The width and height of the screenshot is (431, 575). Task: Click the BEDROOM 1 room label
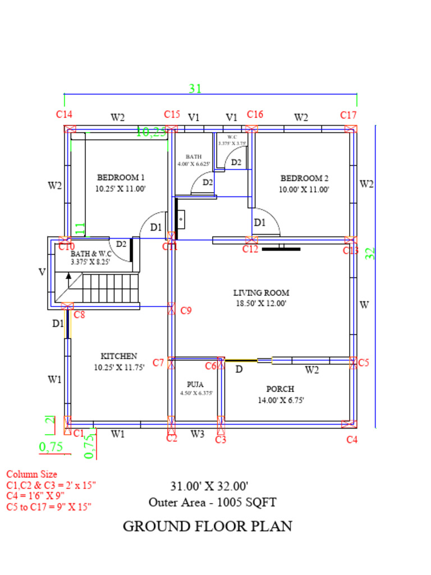(121, 177)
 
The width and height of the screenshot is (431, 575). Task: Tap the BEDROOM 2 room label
(304, 178)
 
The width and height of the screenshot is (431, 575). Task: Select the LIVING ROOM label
(261, 293)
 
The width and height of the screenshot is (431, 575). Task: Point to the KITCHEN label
(118, 356)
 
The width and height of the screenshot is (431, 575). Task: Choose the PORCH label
(280, 389)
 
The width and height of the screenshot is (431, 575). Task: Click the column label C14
(64, 114)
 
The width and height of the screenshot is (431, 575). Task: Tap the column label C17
(348, 115)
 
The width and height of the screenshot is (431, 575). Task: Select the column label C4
(351, 440)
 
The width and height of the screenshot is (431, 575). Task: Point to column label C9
(186, 311)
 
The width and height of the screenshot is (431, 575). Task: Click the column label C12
(250, 249)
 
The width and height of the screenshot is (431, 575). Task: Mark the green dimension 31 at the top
(195, 88)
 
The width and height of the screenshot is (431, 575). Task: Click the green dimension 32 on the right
(370, 253)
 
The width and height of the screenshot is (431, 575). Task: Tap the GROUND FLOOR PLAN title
(207, 526)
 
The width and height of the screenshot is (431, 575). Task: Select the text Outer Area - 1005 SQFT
(212, 502)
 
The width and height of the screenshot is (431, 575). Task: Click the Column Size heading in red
(31, 474)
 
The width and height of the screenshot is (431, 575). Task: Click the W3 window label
(197, 433)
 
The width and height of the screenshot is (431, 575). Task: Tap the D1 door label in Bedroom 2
(259, 222)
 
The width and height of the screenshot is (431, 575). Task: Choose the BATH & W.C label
(90, 254)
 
